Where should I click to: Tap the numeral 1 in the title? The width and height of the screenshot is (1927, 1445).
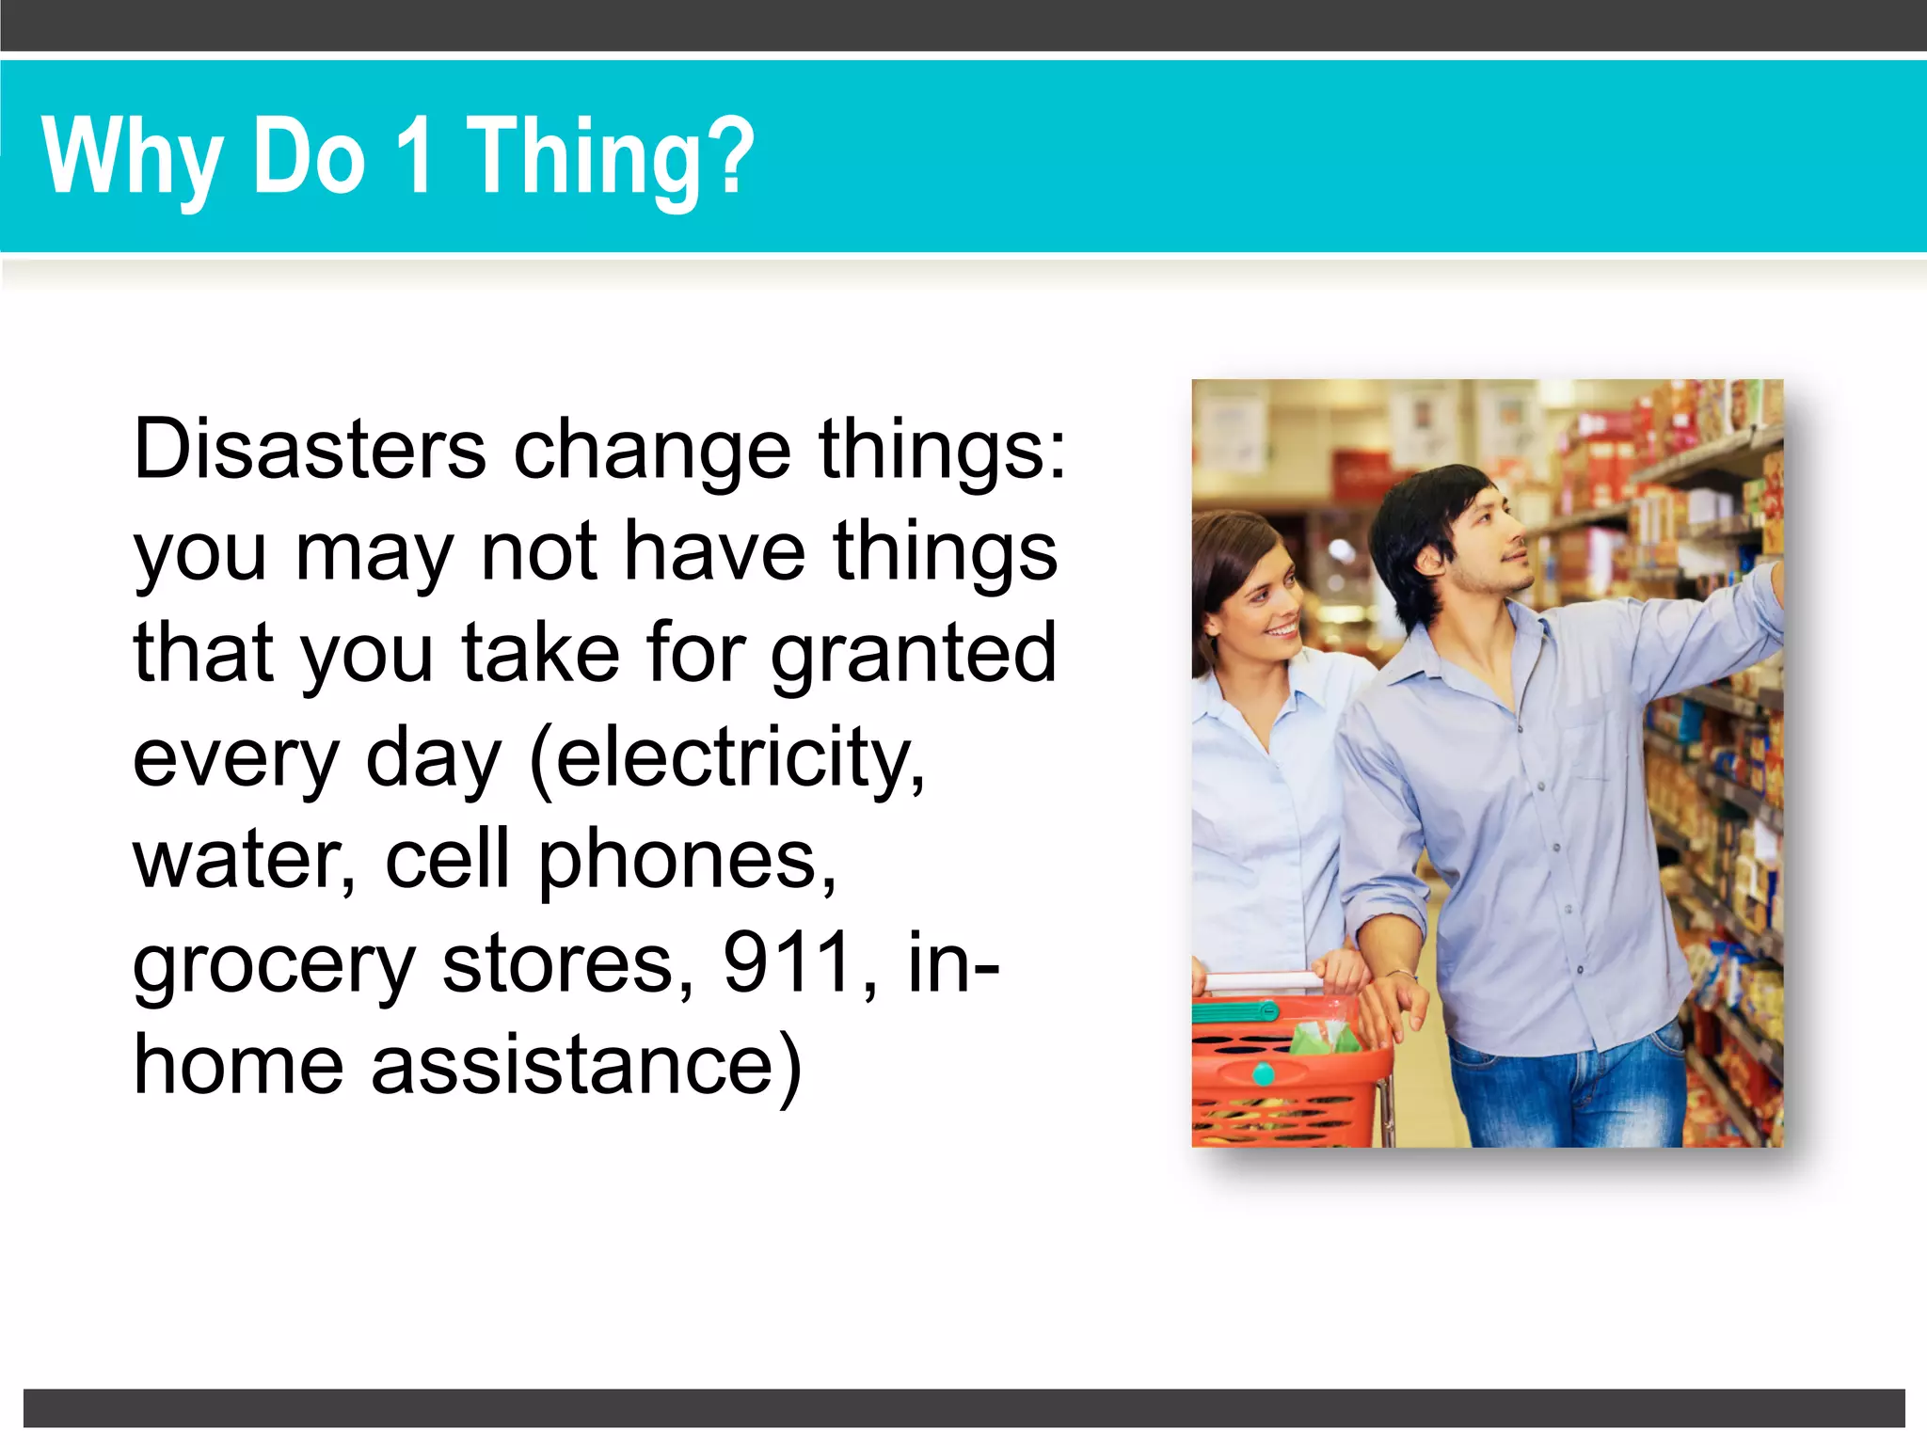pos(414,156)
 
